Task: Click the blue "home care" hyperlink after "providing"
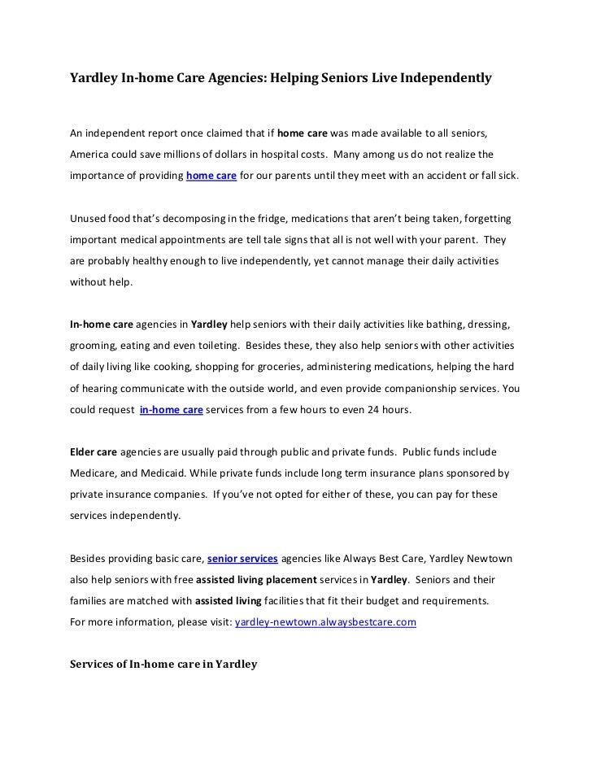[x=211, y=176]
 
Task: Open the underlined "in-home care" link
[x=171, y=411]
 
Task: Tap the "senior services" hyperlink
[x=243, y=559]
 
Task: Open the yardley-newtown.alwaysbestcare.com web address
[x=325, y=622]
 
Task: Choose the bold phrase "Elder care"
[x=93, y=451]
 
